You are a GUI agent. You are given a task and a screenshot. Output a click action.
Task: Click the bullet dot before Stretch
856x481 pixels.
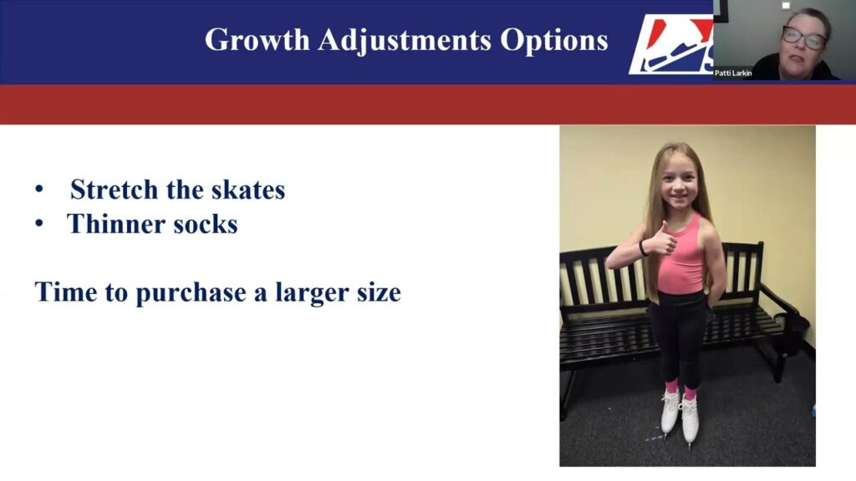click(39, 190)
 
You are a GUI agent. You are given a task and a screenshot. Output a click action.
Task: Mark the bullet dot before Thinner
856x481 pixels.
click(39, 224)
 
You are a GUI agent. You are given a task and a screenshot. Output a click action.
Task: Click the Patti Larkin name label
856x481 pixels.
click(733, 73)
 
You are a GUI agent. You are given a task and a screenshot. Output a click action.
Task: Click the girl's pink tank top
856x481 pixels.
click(682, 258)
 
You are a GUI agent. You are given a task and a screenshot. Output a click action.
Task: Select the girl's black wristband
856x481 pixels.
click(642, 248)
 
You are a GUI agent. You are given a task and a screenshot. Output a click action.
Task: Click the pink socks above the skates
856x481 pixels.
click(679, 389)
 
